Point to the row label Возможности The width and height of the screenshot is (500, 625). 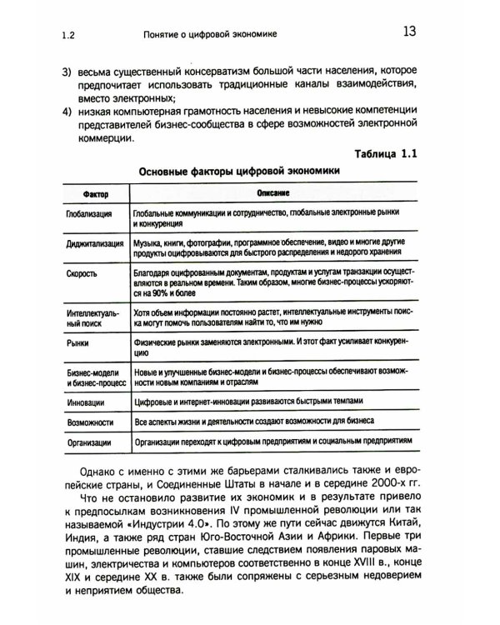(86, 422)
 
